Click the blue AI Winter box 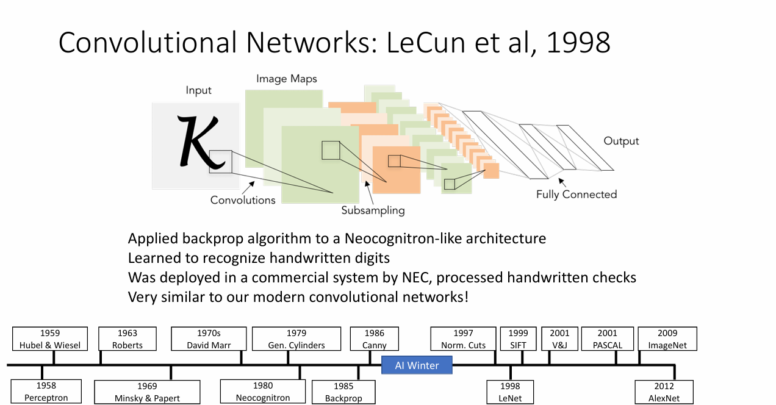pos(417,365)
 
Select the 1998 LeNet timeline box pos(510,392)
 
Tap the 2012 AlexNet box pos(664,392)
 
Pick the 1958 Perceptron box pos(46,392)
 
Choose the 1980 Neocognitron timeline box pos(263,392)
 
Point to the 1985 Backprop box pos(343,392)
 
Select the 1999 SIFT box pos(519,339)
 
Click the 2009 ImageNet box pos(667,339)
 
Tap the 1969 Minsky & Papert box pos(147,392)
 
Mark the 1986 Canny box pos(375,339)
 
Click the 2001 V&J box pos(559,339)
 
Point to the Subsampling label pos(373,210)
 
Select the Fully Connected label pos(577,195)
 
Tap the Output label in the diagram pos(621,141)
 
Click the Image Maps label pos(287,79)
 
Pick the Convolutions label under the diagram pos(243,200)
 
